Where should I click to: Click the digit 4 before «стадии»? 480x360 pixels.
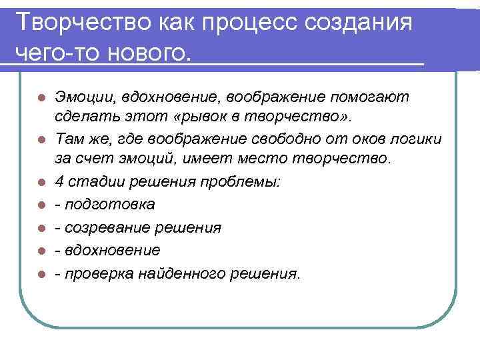click(x=59, y=181)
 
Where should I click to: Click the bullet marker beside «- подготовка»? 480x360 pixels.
click(x=41, y=205)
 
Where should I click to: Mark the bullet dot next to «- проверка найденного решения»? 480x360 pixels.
click(x=41, y=273)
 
